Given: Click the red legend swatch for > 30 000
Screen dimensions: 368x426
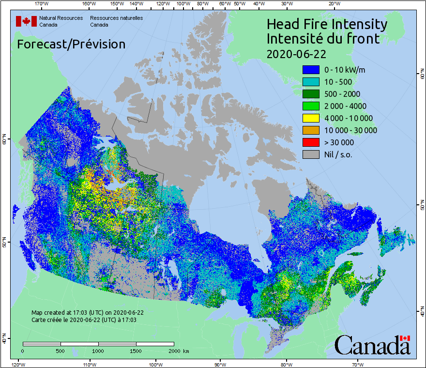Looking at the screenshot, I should click(311, 142).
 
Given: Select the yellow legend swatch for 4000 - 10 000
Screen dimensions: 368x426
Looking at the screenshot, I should click(311, 118).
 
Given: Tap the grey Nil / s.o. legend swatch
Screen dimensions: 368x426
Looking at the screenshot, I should click(311, 154).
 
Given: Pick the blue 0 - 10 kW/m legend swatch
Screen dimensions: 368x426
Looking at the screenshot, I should click(311, 70).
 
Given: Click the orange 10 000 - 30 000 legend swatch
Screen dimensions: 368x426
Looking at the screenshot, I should click(311, 130).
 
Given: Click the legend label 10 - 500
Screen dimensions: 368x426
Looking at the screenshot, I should click(338, 82).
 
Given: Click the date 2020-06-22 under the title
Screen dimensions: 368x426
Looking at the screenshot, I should click(296, 53).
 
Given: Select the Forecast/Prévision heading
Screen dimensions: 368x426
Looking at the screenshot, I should click(71, 44).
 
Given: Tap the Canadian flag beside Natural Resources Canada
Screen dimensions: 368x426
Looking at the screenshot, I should click(26, 21).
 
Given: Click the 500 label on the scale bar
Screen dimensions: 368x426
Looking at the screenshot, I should click(61, 351).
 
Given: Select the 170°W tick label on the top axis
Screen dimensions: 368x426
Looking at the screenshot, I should click(42, 4).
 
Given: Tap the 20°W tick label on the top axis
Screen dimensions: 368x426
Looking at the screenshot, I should click(334, 4).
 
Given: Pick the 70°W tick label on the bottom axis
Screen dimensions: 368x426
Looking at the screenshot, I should click(358, 364).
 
